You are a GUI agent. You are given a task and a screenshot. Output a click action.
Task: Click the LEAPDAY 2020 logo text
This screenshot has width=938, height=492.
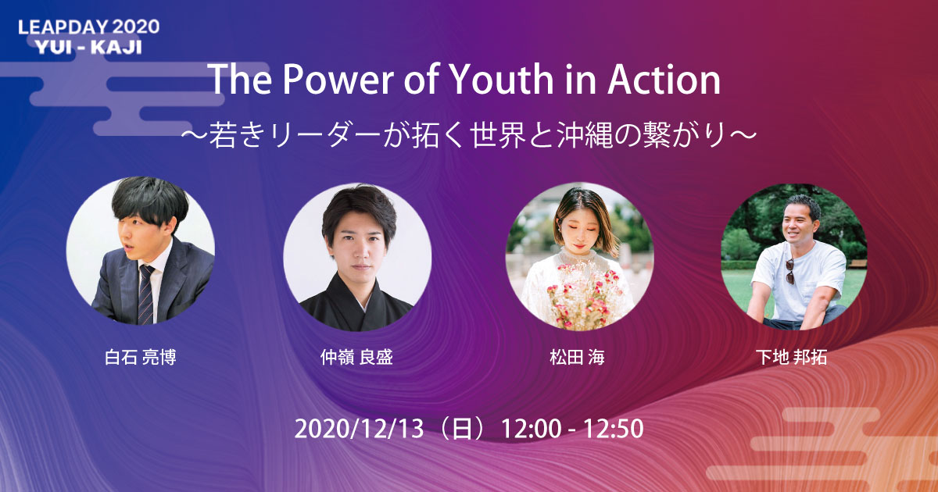(89, 27)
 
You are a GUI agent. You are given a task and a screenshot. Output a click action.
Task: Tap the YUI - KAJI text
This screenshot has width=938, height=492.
(89, 48)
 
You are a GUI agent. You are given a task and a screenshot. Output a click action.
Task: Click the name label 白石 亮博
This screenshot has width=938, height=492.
(140, 357)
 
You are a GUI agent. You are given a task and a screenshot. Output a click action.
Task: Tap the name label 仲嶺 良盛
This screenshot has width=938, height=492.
(356, 357)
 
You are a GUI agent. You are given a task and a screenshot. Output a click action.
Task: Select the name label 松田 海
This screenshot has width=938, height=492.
(578, 357)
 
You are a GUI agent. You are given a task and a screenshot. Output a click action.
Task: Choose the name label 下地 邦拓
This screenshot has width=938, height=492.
(791, 357)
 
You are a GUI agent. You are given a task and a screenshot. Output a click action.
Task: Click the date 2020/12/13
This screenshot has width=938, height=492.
(359, 429)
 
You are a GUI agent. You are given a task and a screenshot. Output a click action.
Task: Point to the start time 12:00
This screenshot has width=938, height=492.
(531, 429)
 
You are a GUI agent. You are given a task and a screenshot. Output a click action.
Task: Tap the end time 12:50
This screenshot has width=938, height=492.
(614, 429)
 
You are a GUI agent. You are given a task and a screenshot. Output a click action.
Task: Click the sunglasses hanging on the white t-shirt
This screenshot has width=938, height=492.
(789, 271)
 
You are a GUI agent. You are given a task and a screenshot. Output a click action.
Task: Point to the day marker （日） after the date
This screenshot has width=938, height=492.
(462, 429)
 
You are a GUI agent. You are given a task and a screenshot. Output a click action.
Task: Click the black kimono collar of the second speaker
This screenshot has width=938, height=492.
(355, 303)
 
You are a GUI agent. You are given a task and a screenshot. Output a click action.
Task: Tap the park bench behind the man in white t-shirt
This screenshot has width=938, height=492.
(857, 264)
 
